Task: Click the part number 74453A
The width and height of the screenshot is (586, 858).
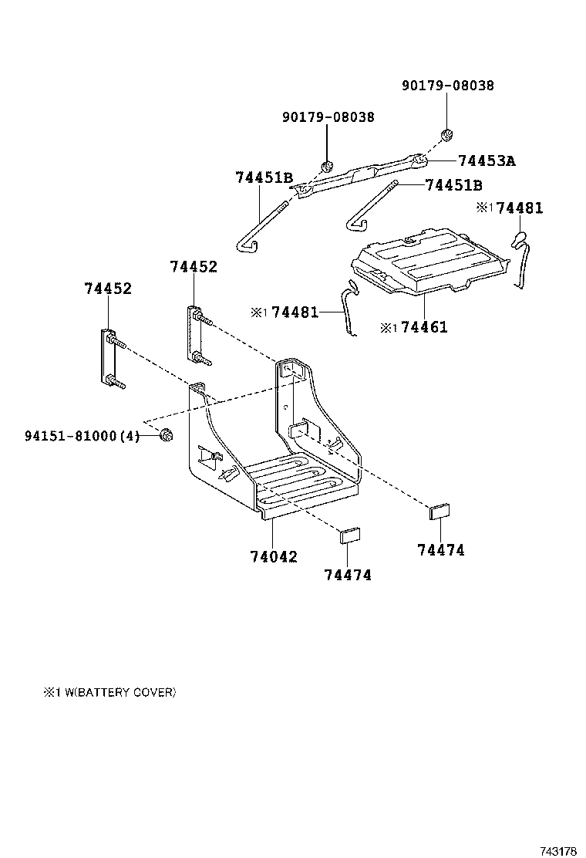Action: (x=486, y=161)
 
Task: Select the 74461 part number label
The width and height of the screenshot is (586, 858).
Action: (x=424, y=327)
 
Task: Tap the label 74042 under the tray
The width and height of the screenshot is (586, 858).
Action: (x=273, y=556)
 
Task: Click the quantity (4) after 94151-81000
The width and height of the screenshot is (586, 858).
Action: (x=131, y=436)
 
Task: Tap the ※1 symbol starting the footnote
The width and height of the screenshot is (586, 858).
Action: (x=51, y=692)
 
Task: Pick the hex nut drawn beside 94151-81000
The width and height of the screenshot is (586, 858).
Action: (x=164, y=437)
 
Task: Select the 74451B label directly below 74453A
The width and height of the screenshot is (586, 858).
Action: (x=453, y=185)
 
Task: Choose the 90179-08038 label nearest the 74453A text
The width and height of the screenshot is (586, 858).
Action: (x=447, y=86)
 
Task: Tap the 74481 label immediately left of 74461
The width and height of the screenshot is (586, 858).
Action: (x=295, y=312)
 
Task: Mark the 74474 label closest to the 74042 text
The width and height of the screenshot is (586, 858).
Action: (x=348, y=575)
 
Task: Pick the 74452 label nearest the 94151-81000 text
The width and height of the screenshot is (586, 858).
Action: (x=107, y=289)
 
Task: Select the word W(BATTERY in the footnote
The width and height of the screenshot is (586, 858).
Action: (x=94, y=692)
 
